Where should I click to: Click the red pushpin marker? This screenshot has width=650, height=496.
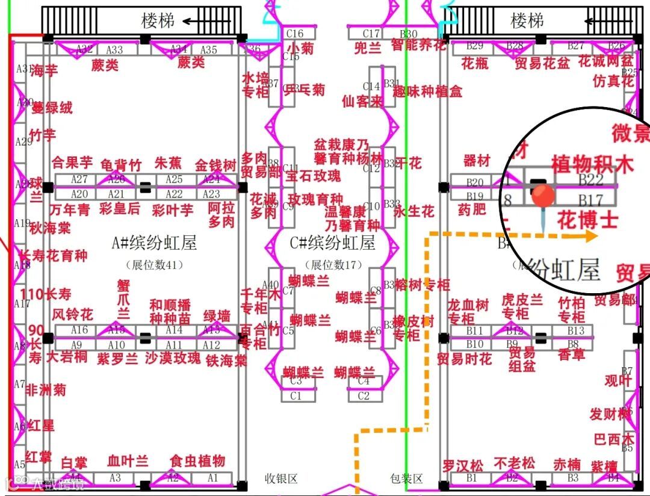coord(543,197)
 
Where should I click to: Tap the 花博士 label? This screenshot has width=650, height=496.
coord(587,220)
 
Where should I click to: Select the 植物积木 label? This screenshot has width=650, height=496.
coord(592,164)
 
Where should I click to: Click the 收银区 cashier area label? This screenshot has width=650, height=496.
coord(282,479)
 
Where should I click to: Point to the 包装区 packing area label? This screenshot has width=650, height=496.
coord(406,479)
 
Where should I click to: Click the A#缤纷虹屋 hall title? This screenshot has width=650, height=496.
coord(155,243)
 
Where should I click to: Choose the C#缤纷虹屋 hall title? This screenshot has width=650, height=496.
coord(333,243)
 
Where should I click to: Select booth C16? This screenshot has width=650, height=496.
coord(295,34)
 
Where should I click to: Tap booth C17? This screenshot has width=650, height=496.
coord(372,34)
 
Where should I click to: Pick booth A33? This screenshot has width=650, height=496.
coord(114,49)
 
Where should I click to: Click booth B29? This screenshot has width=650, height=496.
coord(475,45)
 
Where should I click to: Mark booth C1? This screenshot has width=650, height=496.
coord(296,396)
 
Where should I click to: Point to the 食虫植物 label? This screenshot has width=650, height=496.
coord(197,461)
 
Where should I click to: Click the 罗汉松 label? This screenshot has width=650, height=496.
coord(463,466)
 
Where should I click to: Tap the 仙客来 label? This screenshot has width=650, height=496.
coord(362,101)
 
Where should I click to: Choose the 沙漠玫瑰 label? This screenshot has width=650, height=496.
coord(173,358)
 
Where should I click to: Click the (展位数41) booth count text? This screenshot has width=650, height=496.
coord(155,264)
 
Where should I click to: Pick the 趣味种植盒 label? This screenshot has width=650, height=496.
coord(428,91)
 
